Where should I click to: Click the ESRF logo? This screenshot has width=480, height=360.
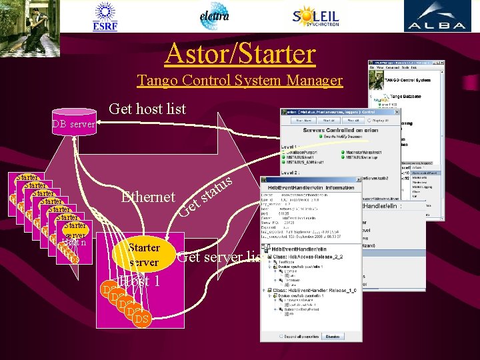[105, 15]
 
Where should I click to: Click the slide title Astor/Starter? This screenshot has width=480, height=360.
[239, 53]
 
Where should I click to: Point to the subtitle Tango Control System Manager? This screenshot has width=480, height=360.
[239, 81]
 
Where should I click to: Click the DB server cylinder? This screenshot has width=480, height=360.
[73, 123]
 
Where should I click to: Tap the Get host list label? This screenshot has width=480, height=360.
[147, 109]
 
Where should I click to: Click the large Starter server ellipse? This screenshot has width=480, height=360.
[144, 255]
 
